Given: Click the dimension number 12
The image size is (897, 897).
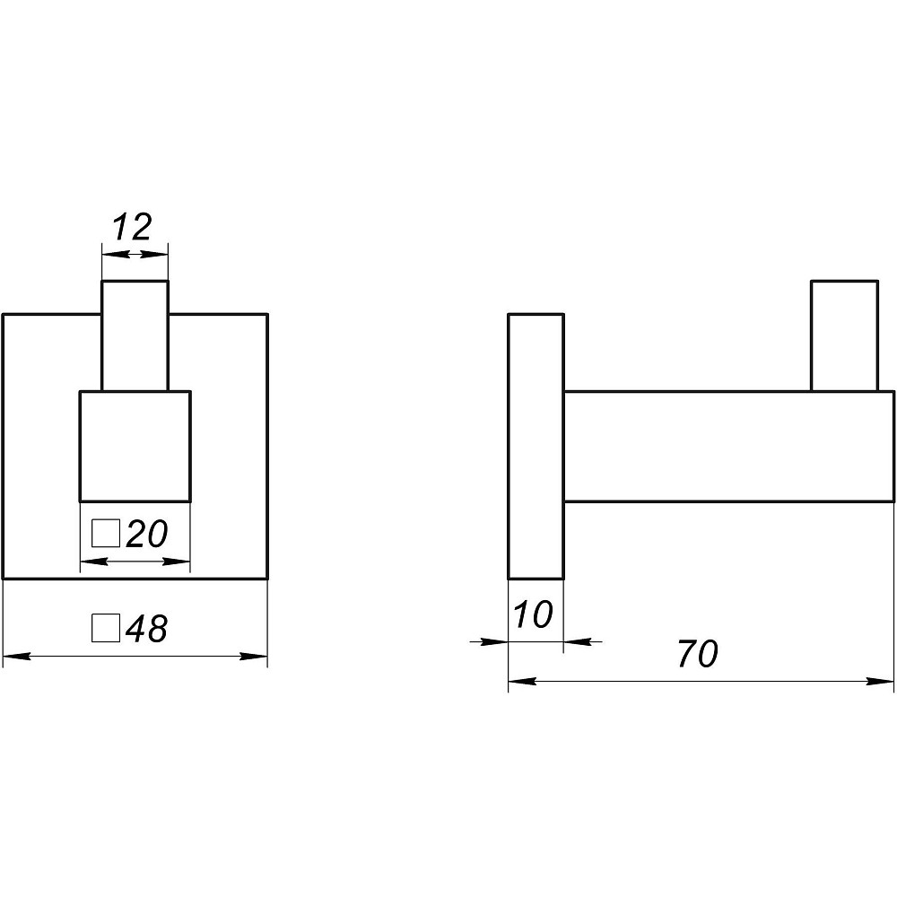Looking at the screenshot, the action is coord(133,227).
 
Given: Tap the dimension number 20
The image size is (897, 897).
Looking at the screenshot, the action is coord(146,534).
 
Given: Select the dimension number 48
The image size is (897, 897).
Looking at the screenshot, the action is coord(146,628).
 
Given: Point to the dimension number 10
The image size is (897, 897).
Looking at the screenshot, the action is coord(533,614).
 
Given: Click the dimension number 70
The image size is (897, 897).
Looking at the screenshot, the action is coord(698,654).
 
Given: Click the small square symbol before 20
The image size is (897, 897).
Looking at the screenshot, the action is coord(106,533).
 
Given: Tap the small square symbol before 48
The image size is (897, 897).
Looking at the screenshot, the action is coord(106,628).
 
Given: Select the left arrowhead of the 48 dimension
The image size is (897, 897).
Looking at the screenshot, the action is coord(16,657).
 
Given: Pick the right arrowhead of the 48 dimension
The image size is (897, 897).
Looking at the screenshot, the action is coord(254,657).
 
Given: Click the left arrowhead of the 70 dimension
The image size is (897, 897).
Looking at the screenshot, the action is coord(522,682).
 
